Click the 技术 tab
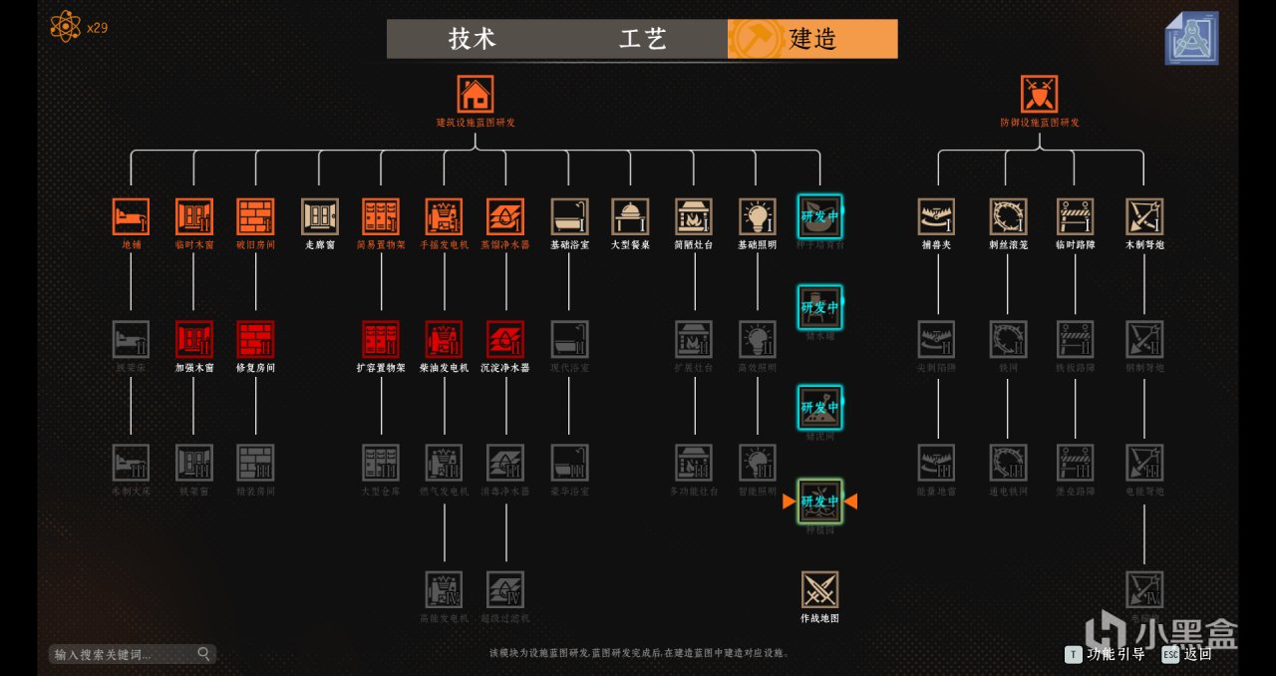[472, 39]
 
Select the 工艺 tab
[642, 39]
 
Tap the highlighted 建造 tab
[812, 39]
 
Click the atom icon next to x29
[65, 26]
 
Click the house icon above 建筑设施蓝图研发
[476, 94]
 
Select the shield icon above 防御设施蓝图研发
[1039, 94]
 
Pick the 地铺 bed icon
[131, 216]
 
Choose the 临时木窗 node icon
[194, 216]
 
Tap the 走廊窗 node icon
[320, 216]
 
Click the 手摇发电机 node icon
[444, 216]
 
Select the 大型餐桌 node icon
[630, 216]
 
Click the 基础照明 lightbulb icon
[758, 216]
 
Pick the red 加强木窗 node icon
[194, 339]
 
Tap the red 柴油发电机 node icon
[444, 339]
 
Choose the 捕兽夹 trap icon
[936, 216]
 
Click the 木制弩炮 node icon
[1144, 216]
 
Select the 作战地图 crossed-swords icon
[819, 590]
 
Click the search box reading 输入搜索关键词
[125, 654]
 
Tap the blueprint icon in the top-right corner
[1191, 38]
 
